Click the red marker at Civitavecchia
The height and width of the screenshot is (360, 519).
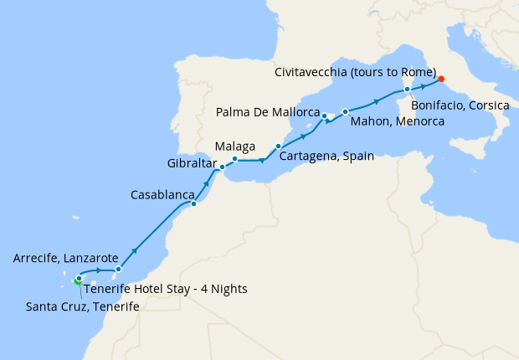click(x=442, y=80)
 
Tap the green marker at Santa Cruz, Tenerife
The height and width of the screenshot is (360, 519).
click(x=77, y=281)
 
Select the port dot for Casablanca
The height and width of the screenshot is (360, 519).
click(x=193, y=203)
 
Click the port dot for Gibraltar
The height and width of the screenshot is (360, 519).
click(x=222, y=167)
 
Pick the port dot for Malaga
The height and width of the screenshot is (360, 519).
click(x=234, y=159)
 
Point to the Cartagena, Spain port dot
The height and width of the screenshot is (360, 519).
click(x=278, y=146)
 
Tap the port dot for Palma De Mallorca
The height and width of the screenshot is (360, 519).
click(x=324, y=116)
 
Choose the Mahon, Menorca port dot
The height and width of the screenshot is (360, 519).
click(x=345, y=111)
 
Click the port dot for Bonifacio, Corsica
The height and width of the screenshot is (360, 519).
click(x=407, y=89)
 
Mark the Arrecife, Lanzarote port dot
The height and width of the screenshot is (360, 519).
click(x=118, y=270)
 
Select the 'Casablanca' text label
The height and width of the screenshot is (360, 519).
click(x=163, y=194)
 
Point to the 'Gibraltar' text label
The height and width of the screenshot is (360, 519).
click(x=192, y=162)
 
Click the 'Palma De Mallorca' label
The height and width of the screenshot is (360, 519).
click(x=268, y=111)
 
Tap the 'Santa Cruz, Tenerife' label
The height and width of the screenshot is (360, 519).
click(x=75, y=306)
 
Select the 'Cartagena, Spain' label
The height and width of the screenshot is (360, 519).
click(x=326, y=156)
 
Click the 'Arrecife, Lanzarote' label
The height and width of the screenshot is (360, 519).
click(x=65, y=259)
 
